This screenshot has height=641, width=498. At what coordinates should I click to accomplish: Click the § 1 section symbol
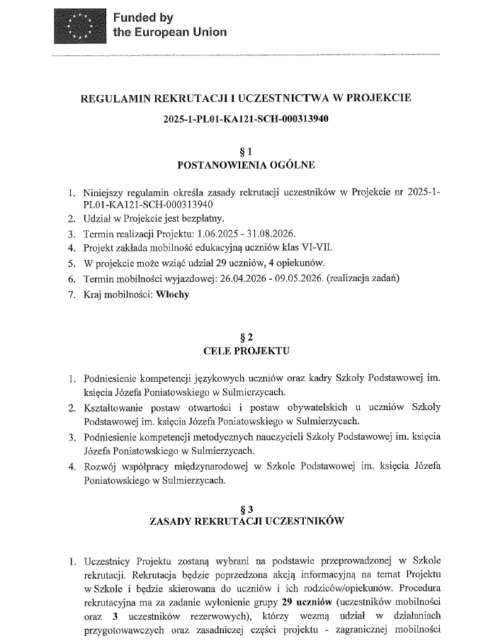pyautogui.click(x=247, y=150)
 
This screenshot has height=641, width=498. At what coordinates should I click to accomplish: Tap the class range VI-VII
pyautogui.click(x=308, y=247)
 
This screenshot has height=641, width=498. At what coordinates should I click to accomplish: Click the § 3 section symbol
pyautogui.click(x=247, y=507)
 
